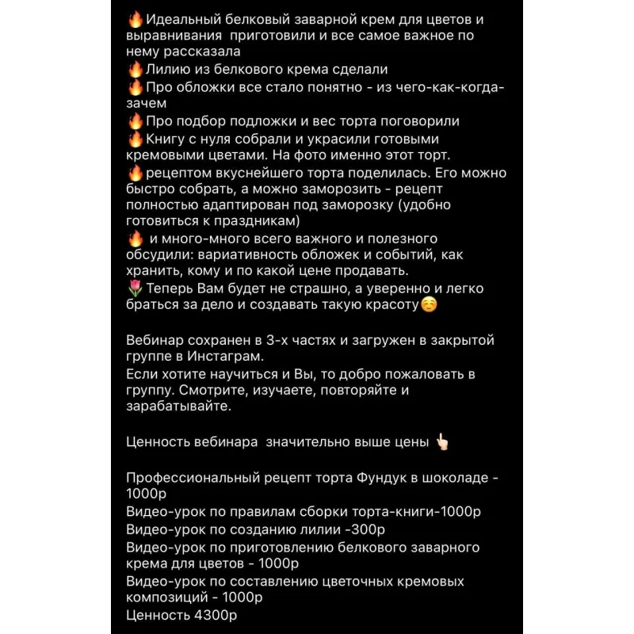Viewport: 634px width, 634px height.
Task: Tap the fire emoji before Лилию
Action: [x=135, y=70]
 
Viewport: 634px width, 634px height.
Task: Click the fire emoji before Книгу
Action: [x=135, y=139]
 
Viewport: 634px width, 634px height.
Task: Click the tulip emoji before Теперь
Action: [x=134, y=289]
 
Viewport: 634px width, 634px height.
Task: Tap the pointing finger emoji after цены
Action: [x=441, y=441]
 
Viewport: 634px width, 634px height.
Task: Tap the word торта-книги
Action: [x=395, y=512]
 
